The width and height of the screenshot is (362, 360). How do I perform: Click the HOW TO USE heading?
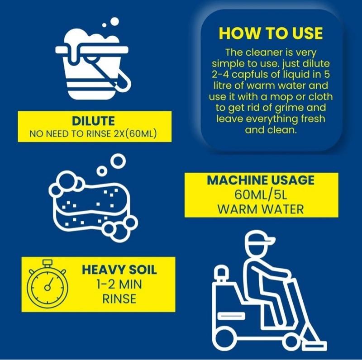pyautogui.click(x=271, y=33)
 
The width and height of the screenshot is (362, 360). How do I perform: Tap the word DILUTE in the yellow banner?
pyautogui.click(x=93, y=121)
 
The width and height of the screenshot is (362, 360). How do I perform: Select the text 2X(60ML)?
pyautogui.click(x=135, y=133)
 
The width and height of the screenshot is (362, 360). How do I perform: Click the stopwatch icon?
pyautogui.click(x=47, y=284)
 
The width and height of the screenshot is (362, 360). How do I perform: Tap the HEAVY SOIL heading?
pyautogui.click(x=119, y=270)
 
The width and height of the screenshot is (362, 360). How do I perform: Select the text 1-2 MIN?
pyautogui.click(x=119, y=284)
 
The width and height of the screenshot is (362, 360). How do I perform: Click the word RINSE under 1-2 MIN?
pyautogui.click(x=119, y=299)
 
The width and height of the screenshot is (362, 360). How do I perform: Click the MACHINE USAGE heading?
pyautogui.click(x=261, y=180)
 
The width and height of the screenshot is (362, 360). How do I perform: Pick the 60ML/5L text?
pyautogui.click(x=261, y=195)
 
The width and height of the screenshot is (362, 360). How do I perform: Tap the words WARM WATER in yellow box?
pyautogui.click(x=261, y=209)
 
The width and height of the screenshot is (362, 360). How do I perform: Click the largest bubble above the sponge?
pyautogui.click(x=118, y=161)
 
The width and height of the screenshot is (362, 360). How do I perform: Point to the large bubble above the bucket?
pyautogui.click(x=114, y=21)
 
